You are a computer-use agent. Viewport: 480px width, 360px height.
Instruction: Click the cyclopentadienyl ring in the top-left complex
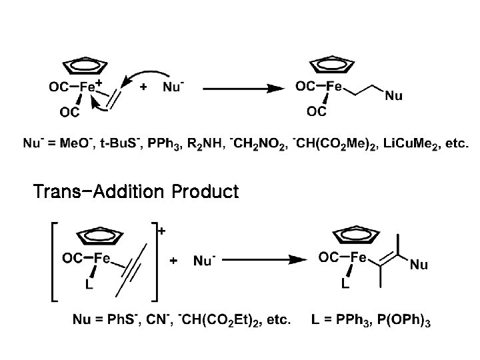pyautogui.click(x=85, y=65)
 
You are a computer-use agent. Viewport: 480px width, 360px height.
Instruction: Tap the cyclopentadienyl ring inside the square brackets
pyautogui.click(x=100, y=237)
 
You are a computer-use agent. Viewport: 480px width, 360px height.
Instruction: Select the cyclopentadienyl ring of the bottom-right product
pyautogui.click(x=355, y=237)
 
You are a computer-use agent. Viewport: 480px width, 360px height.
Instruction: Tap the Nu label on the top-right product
pyautogui.click(x=394, y=97)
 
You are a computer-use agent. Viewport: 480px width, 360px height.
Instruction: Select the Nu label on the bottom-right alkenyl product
pyautogui.click(x=419, y=265)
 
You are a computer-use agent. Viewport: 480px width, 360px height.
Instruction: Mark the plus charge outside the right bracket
pyautogui.click(x=161, y=230)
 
